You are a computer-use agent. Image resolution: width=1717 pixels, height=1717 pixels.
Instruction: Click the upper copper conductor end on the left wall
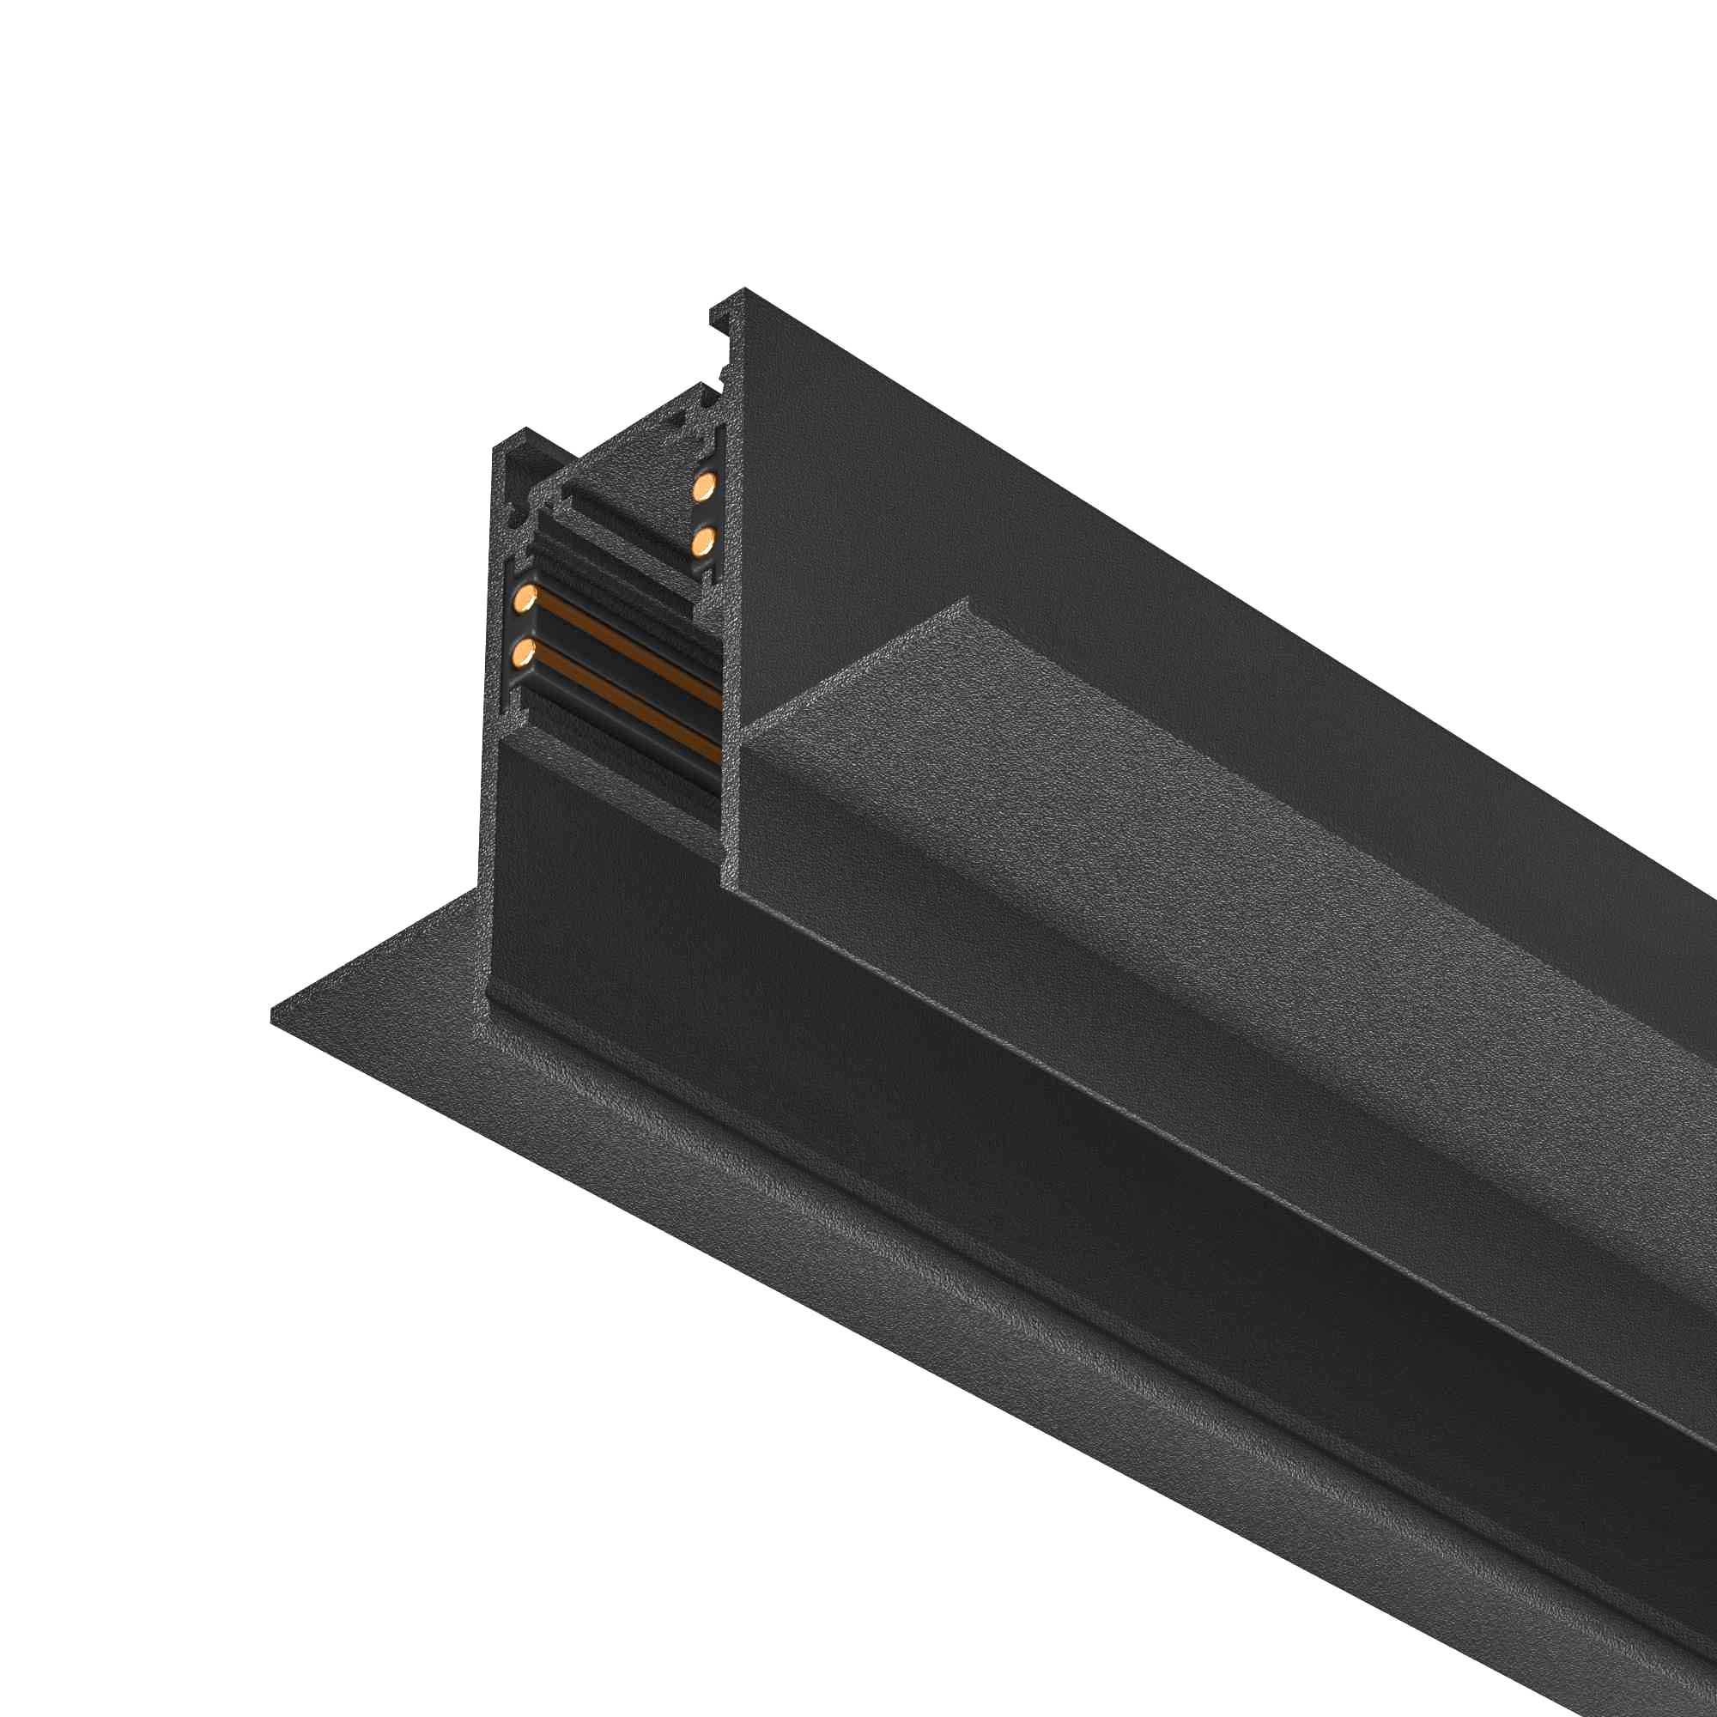526,597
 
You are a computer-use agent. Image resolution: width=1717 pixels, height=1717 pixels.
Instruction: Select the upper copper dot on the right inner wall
705,485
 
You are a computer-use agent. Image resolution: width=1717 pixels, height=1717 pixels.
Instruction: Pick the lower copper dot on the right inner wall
704,538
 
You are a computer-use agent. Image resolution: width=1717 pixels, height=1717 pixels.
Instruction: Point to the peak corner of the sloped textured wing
966,604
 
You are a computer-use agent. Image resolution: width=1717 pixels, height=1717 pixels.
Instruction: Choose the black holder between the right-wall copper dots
704,513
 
